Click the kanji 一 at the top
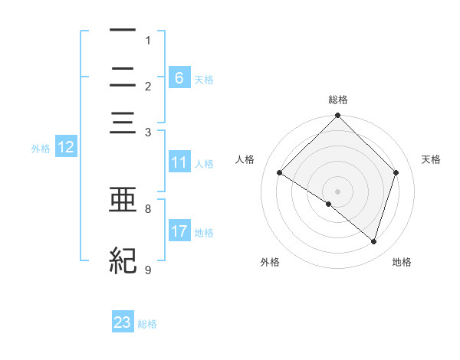pos(123,30)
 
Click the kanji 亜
pos(123,200)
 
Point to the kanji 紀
pos(123,261)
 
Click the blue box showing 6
pos(179,77)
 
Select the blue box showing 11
pos(179,162)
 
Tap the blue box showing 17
pos(179,231)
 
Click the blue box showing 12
pos(66,148)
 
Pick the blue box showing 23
pos(123,322)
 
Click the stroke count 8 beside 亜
pos(148,208)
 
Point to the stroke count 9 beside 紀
pos(148,270)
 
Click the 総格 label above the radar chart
pos(338,100)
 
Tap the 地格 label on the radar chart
pos(402,262)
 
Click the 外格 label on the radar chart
pos(270,262)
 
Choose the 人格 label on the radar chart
pos(245,159)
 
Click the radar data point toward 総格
pos(338,117)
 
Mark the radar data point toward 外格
pos(329,204)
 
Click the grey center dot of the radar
pos(338,191)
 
